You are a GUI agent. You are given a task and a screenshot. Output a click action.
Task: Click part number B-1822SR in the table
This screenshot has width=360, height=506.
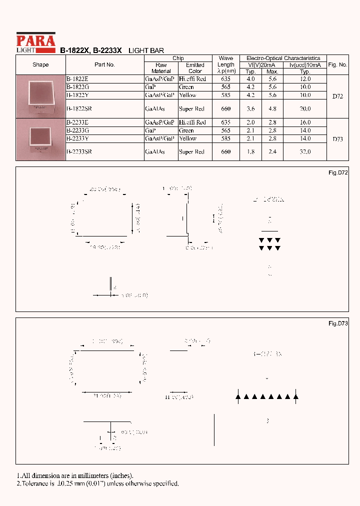tap(79, 108)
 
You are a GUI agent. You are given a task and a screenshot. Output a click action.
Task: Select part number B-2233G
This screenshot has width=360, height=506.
tap(78, 130)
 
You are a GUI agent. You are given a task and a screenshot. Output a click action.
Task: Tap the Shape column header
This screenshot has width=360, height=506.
tap(40, 64)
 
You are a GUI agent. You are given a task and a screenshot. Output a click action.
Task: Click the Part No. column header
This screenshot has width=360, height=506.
tap(104, 64)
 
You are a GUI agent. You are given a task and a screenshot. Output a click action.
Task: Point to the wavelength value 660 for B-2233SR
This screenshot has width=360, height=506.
tap(225, 151)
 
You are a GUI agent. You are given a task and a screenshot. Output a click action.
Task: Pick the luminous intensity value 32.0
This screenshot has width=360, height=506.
tap(305, 151)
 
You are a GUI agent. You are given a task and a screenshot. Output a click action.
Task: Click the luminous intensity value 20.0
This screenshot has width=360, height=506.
tap(305, 108)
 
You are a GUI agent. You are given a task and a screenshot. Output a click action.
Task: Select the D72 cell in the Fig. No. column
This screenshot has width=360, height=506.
tap(337, 96)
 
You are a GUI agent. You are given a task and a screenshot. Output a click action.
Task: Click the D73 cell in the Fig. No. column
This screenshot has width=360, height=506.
tap(337, 139)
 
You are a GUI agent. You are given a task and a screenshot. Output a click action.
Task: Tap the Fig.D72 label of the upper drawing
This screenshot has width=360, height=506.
tap(338, 172)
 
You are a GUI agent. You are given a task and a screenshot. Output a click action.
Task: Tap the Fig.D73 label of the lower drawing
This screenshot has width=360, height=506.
tap(338, 323)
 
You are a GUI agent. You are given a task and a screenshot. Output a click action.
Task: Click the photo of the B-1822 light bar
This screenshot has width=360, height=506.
tap(40, 95)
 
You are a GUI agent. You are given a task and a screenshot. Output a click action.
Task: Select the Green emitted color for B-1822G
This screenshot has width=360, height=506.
tap(186, 87)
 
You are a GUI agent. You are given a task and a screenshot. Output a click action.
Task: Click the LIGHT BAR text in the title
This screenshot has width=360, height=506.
tap(146, 50)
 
